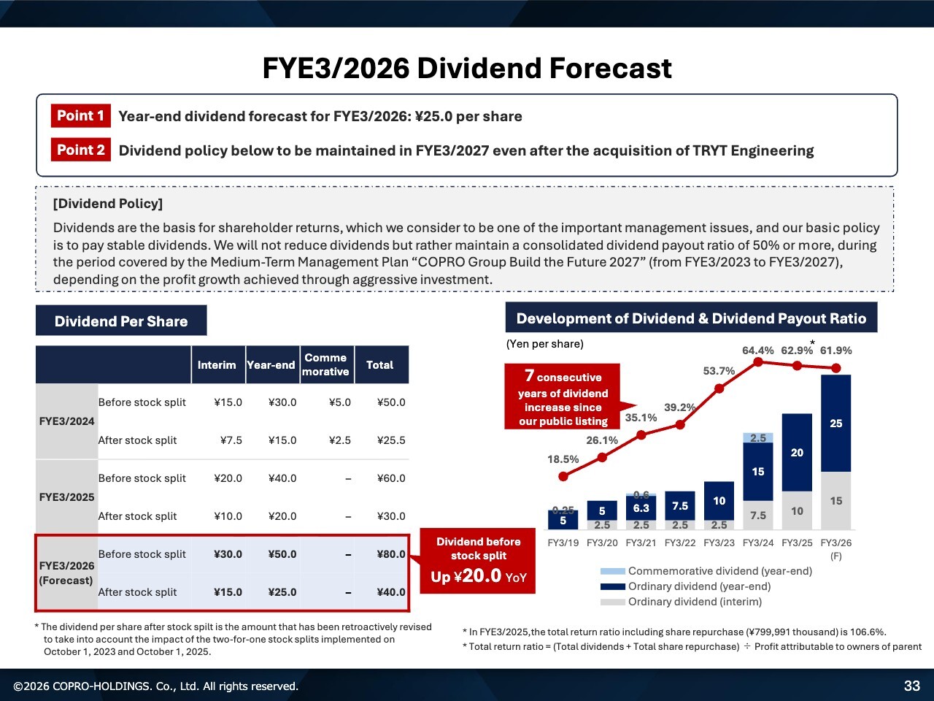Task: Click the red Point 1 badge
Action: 80,116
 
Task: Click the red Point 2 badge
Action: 80,150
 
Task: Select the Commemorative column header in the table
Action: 326,364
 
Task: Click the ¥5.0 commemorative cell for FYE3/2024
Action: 339,402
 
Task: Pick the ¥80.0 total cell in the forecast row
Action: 391,554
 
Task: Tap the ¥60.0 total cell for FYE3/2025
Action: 391,478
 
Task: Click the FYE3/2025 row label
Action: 66,497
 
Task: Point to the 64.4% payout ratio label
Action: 758,350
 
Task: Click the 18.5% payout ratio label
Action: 563,459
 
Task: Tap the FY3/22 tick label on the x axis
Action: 680,543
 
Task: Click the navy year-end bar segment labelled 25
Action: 836,424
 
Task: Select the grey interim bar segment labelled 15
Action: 836,501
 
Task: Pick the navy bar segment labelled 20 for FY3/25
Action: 797,453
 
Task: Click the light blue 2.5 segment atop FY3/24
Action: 758,438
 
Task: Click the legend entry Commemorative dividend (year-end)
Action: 719,571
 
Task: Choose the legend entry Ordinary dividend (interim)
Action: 695,602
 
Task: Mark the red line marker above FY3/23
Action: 719,388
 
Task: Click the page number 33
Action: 912,686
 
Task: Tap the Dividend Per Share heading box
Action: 121,321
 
